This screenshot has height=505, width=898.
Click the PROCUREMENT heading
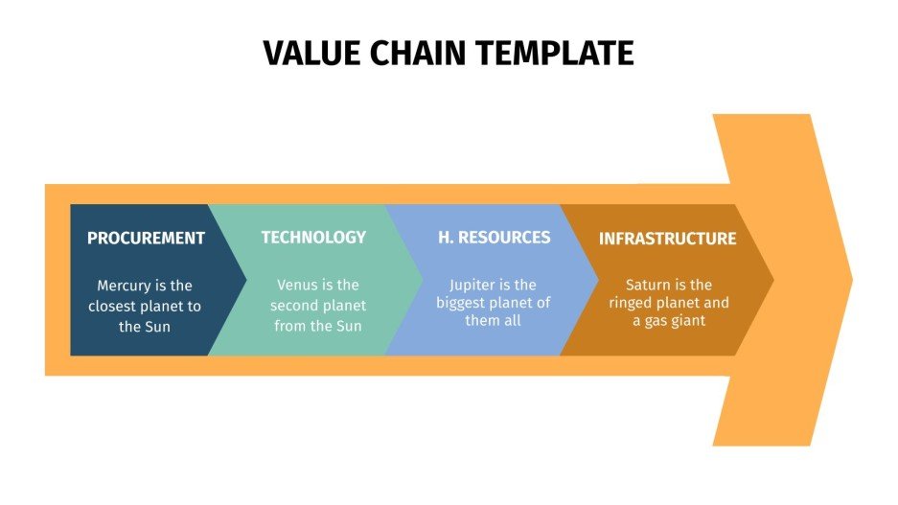click(x=146, y=238)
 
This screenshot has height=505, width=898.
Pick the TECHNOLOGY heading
click(x=313, y=237)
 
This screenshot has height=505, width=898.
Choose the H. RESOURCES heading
click(x=495, y=237)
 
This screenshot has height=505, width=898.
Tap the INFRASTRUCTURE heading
click(x=667, y=239)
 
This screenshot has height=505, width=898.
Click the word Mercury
click(x=126, y=286)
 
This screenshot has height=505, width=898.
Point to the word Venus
click(x=297, y=285)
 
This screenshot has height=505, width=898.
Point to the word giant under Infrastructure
click(x=684, y=321)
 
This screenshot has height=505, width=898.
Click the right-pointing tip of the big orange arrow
click(x=850, y=280)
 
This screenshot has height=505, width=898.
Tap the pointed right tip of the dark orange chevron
click(x=771, y=280)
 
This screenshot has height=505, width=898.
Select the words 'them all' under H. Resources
click(x=495, y=321)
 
